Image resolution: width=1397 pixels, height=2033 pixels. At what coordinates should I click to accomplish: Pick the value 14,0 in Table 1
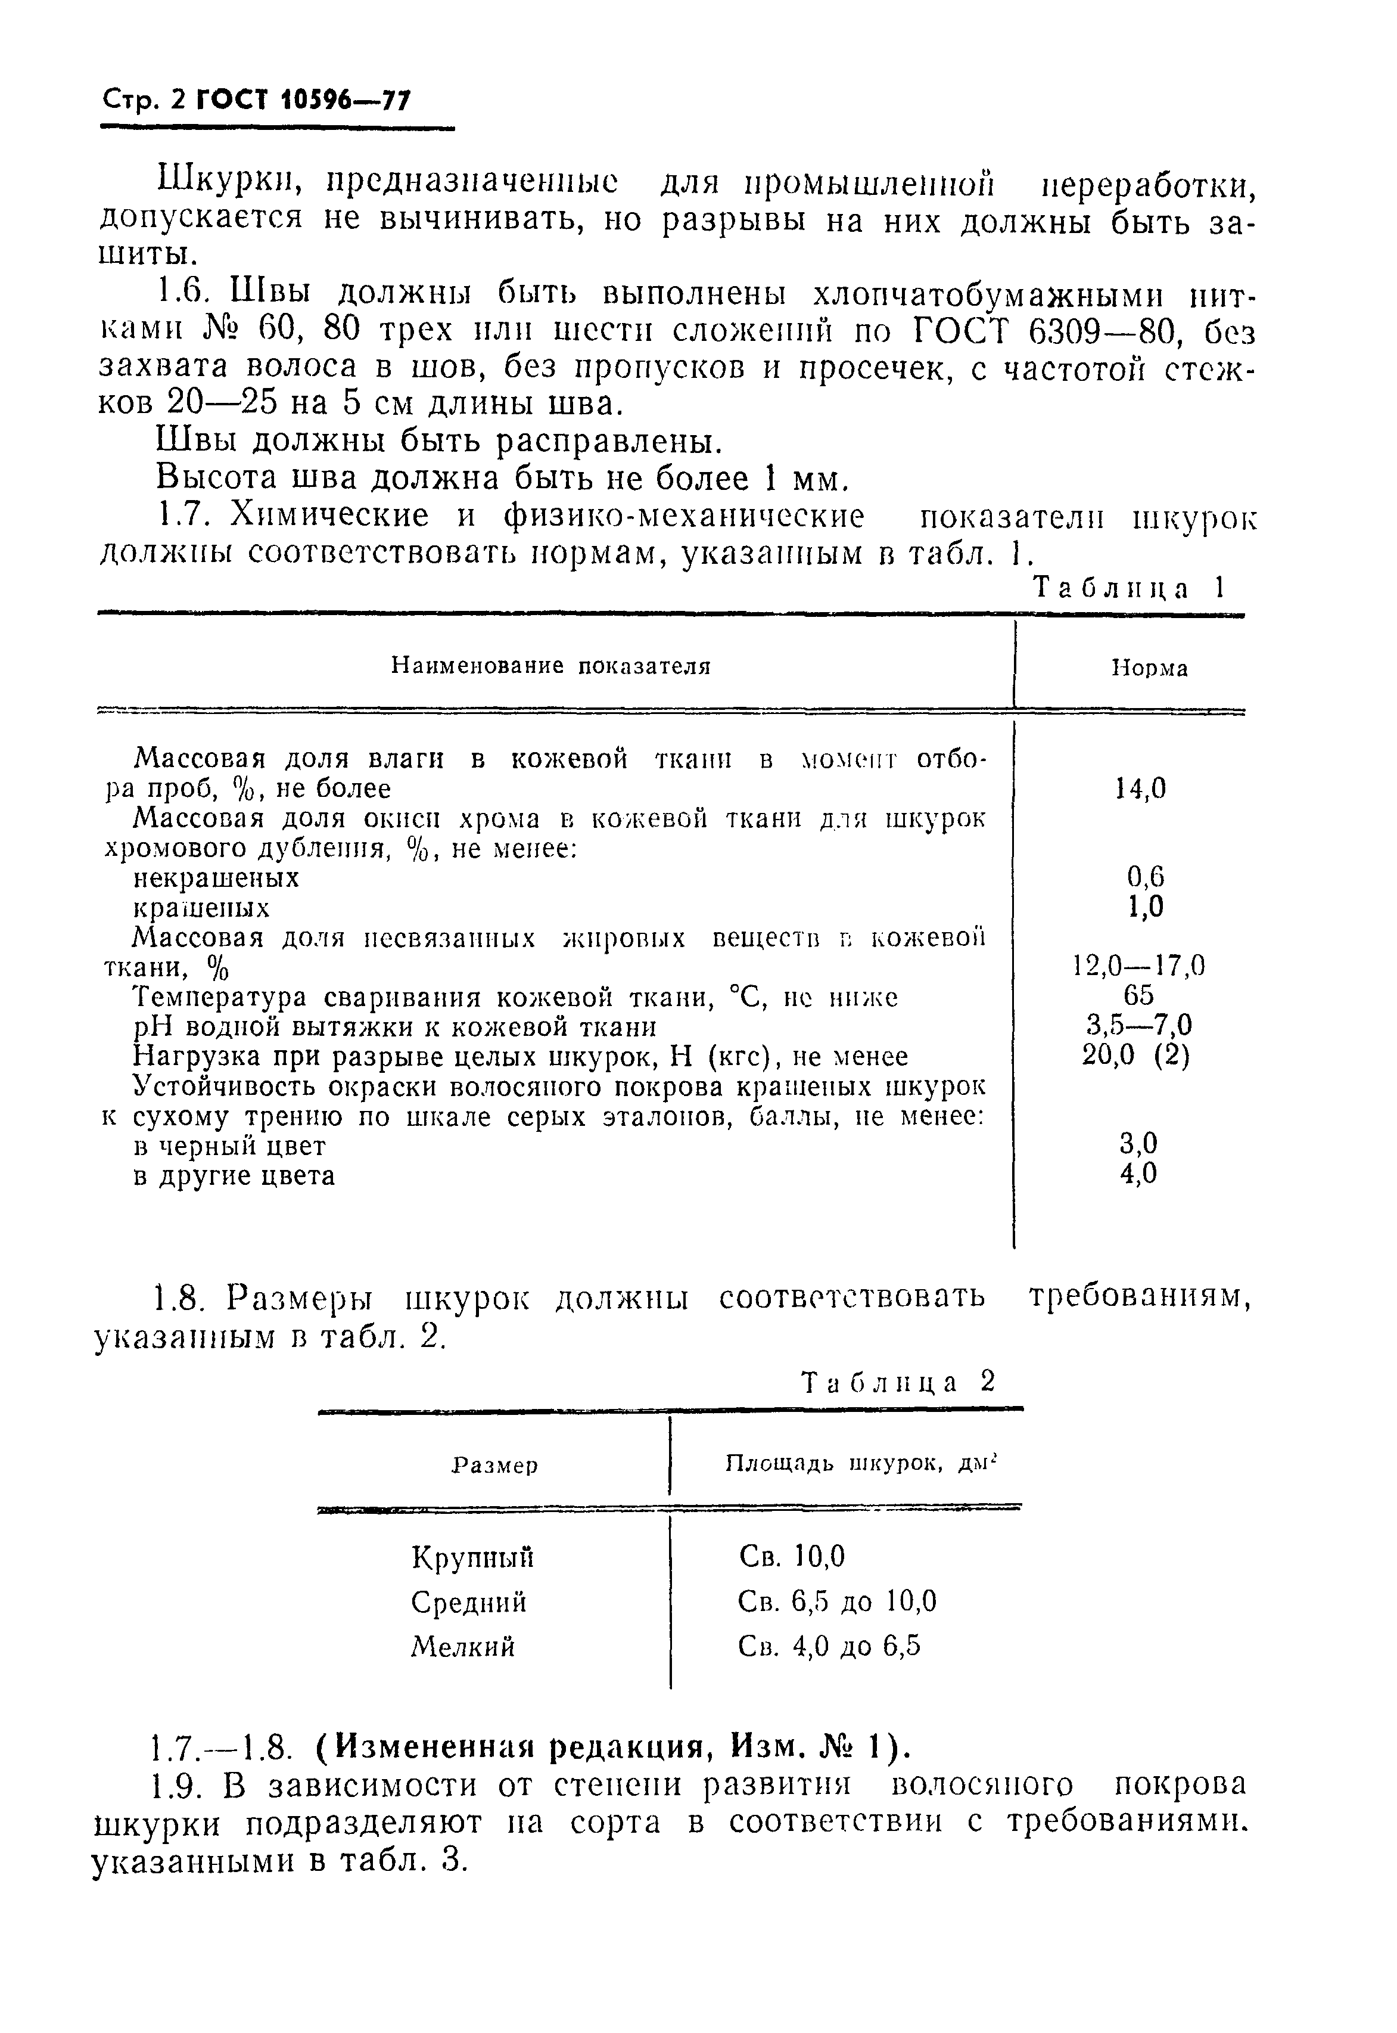point(1140,789)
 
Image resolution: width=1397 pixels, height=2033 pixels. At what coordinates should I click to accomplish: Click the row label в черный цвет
point(229,1145)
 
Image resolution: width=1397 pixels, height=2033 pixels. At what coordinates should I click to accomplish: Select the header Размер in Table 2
point(494,1466)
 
